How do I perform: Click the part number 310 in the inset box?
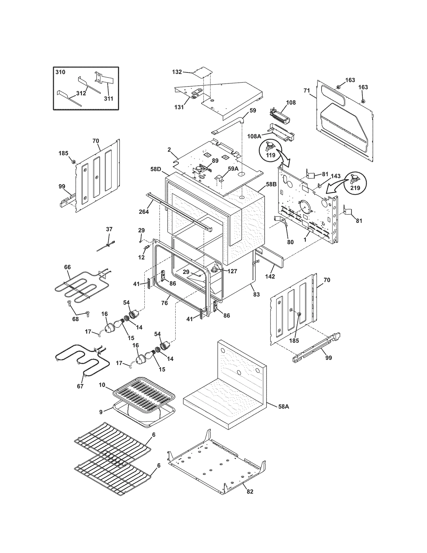[x=60, y=72]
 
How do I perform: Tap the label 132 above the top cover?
[x=177, y=72]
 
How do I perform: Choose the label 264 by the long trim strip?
[x=144, y=212]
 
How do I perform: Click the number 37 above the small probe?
[x=109, y=229]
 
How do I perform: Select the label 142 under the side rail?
[x=270, y=277]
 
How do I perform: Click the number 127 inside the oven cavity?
[x=232, y=271]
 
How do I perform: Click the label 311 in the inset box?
[x=109, y=99]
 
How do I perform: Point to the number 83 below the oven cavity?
[x=256, y=294]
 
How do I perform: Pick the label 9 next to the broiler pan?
[x=101, y=412]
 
